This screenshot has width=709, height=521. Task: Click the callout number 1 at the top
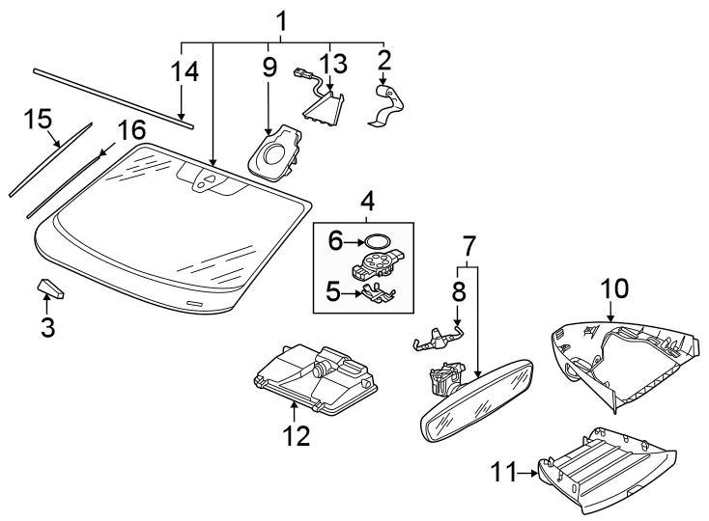281,20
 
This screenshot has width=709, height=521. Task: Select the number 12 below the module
298,436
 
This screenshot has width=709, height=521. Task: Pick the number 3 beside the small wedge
48,327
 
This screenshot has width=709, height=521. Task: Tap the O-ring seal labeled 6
378,241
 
